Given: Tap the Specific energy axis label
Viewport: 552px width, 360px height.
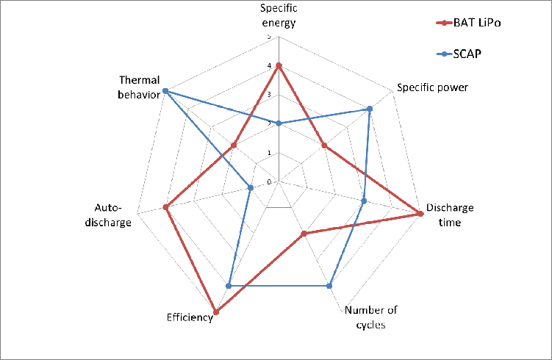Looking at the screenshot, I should [279, 16].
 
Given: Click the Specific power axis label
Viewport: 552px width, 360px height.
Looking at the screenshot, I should [432, 87].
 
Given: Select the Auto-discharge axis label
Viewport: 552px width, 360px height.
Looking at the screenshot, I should [114, 215].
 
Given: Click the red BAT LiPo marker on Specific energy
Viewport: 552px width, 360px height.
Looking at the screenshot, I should [279, 66].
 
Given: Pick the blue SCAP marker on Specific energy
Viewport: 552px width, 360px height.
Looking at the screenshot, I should [279, 123].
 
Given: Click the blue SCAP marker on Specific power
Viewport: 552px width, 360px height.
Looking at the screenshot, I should [370, 109].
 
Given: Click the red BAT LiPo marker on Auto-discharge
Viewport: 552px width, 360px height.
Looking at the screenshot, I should [166, 207].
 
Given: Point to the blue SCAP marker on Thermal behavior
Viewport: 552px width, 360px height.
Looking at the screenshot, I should [165, 91].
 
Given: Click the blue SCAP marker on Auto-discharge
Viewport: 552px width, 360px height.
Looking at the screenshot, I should [251, 188].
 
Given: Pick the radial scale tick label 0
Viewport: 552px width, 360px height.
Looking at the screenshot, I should [269, 181].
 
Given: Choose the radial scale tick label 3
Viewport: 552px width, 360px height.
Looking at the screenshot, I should [269, 95].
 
